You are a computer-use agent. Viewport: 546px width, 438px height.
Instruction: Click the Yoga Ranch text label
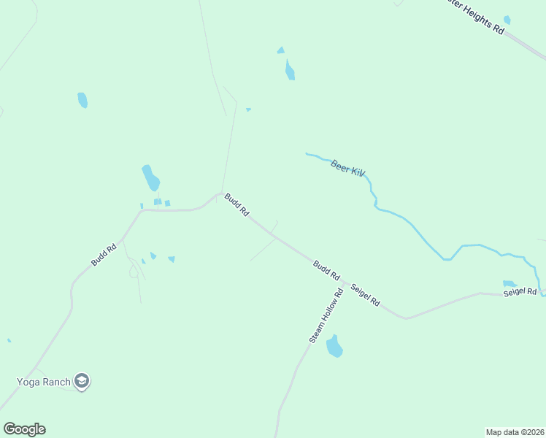[44, 382]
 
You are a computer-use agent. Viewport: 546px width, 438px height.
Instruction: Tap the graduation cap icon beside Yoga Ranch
[82, 381]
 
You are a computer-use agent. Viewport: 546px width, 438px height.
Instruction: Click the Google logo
[24, 429]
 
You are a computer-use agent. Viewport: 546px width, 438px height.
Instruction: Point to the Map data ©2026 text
[515, 431]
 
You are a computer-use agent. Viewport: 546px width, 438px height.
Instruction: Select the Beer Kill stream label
[347, 169]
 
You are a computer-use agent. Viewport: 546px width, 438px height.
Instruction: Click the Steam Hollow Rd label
[326, 316]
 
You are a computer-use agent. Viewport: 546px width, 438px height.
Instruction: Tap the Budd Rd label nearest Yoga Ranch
[104, 255]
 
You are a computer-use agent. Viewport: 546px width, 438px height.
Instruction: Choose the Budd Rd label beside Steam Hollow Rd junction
[326, 271]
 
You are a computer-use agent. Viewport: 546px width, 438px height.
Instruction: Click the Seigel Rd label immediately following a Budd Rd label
[366, 294]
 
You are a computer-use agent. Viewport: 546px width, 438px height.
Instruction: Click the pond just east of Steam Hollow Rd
[334, 347]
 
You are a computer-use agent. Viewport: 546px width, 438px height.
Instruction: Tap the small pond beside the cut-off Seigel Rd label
[510, 283]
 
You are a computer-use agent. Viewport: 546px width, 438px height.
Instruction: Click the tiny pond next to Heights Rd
[507, 20]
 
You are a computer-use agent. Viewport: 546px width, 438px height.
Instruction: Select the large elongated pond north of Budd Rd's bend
[150, 177]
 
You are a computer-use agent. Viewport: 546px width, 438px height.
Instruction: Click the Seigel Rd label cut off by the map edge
[520, 293]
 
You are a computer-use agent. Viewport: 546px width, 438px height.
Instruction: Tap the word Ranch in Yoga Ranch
[56, 382]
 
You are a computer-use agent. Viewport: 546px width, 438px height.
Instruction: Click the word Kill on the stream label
[357, 172]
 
